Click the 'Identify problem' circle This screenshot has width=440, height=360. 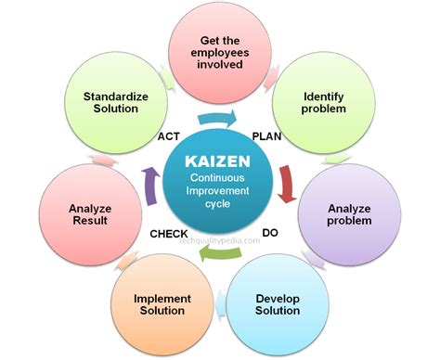point(324,103)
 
